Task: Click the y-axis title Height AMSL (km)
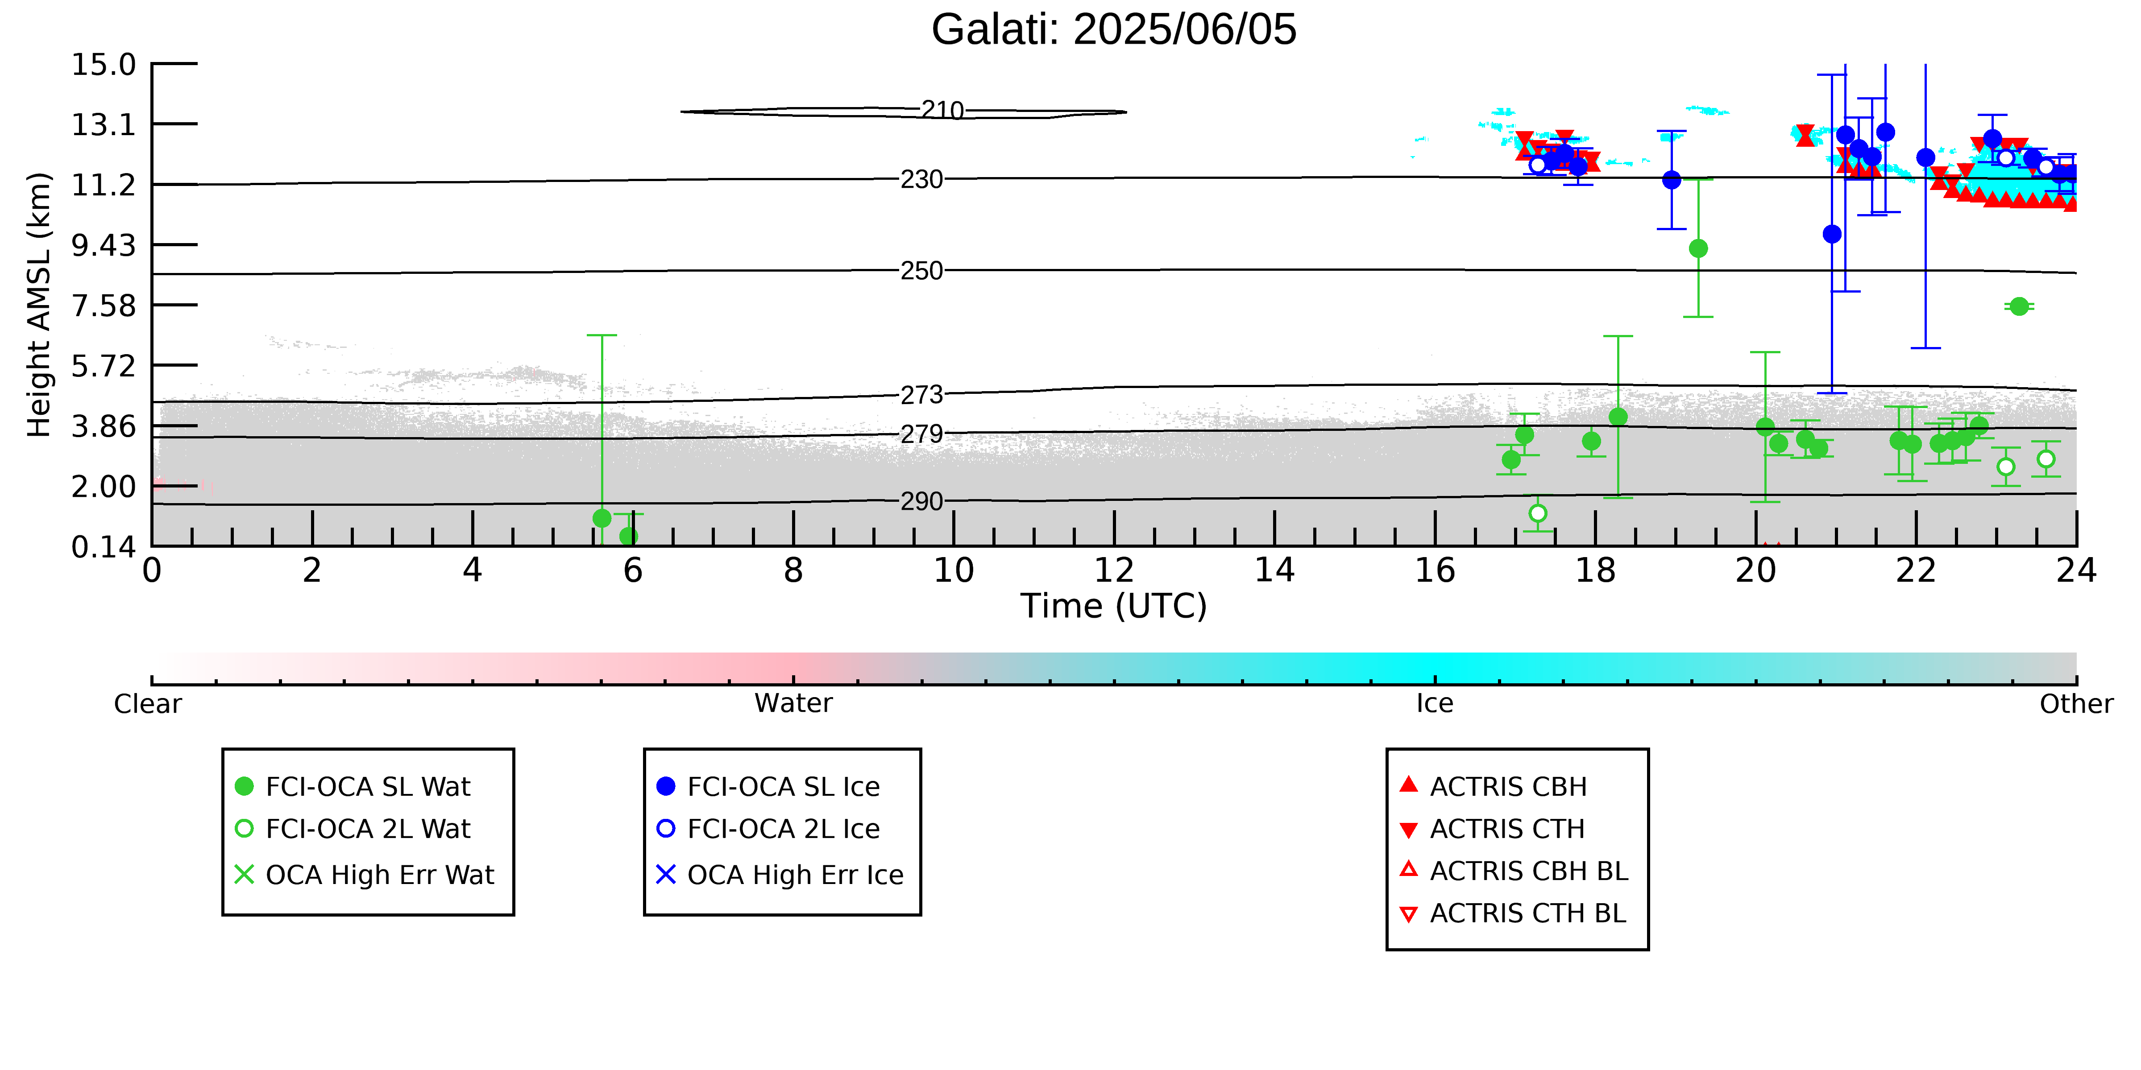[39, 305]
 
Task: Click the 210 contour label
[942, 111]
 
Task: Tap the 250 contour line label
[922, 271]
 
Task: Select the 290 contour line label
[922, 502]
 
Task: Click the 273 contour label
[922, 395]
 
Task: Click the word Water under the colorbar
[794, 704]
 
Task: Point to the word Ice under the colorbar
[1436, 704]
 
